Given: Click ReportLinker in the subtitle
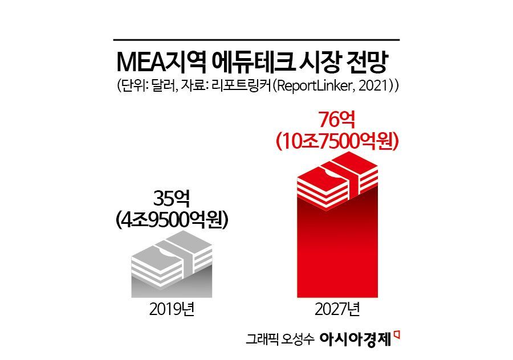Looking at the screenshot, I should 317,87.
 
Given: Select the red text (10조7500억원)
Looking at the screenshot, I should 336,141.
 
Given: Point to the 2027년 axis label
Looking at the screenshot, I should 337,310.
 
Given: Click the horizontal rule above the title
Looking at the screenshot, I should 256,40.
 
